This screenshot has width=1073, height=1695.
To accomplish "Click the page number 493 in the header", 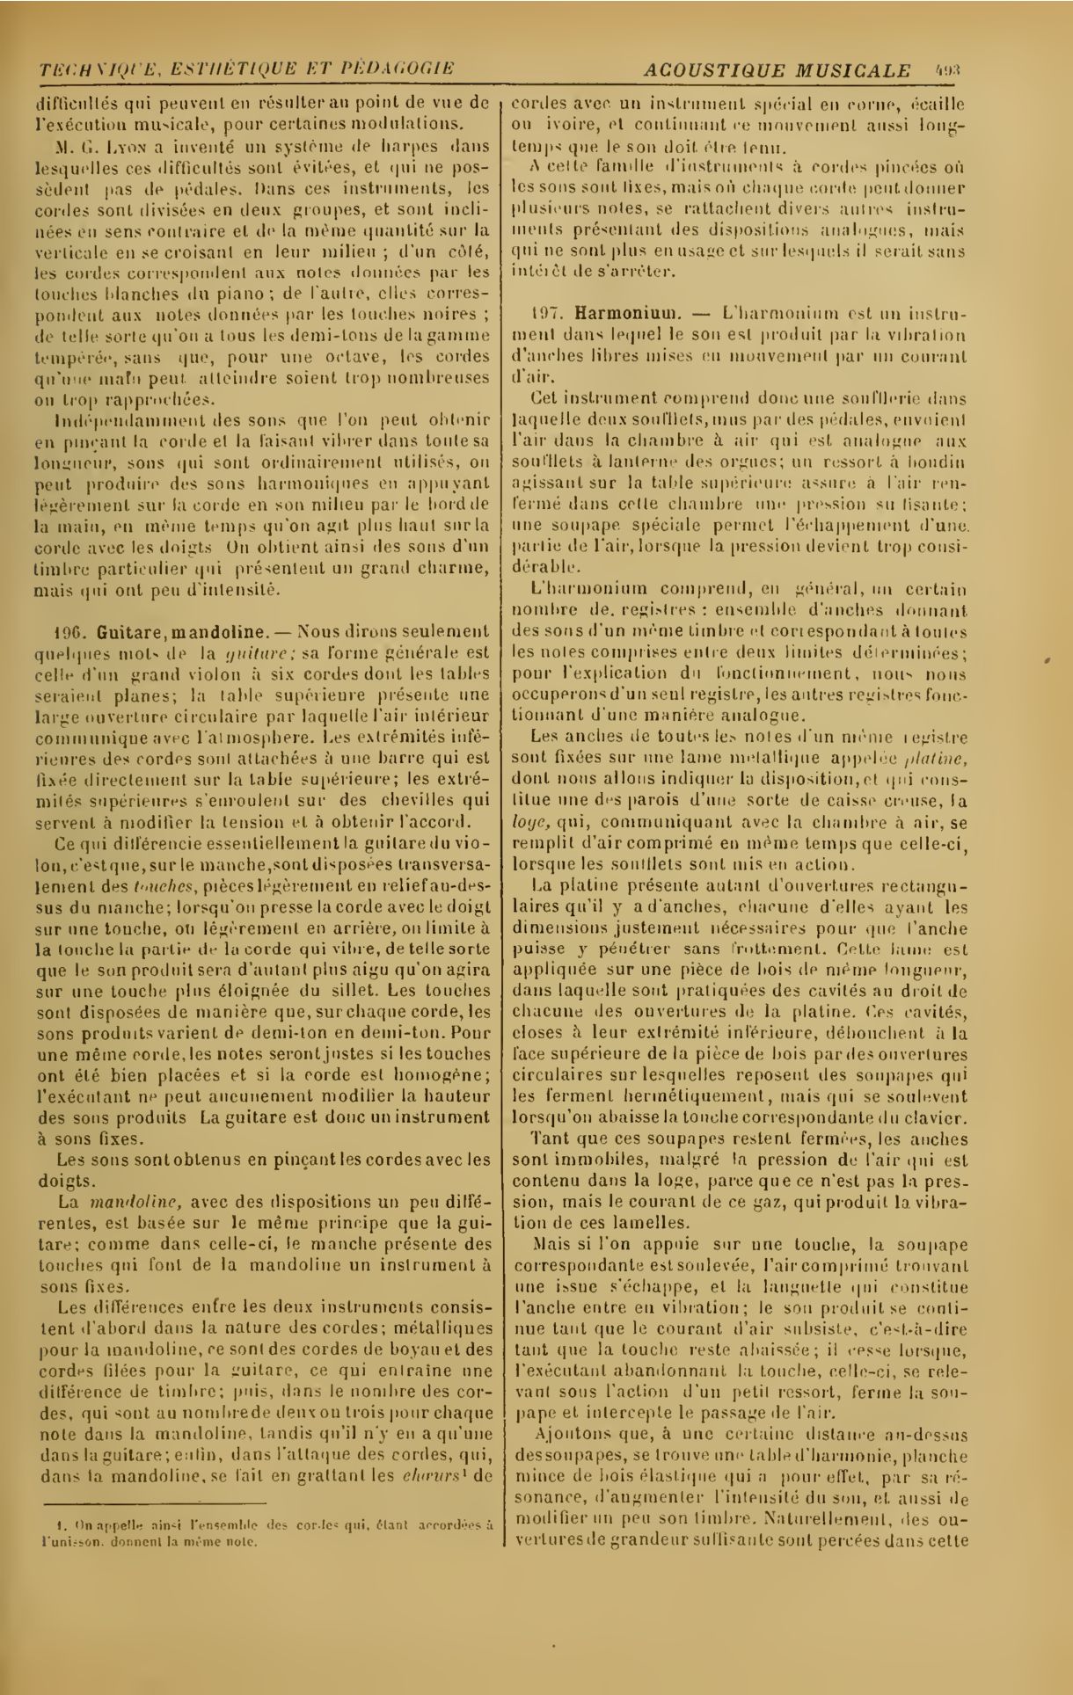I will tap(951, 69).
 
